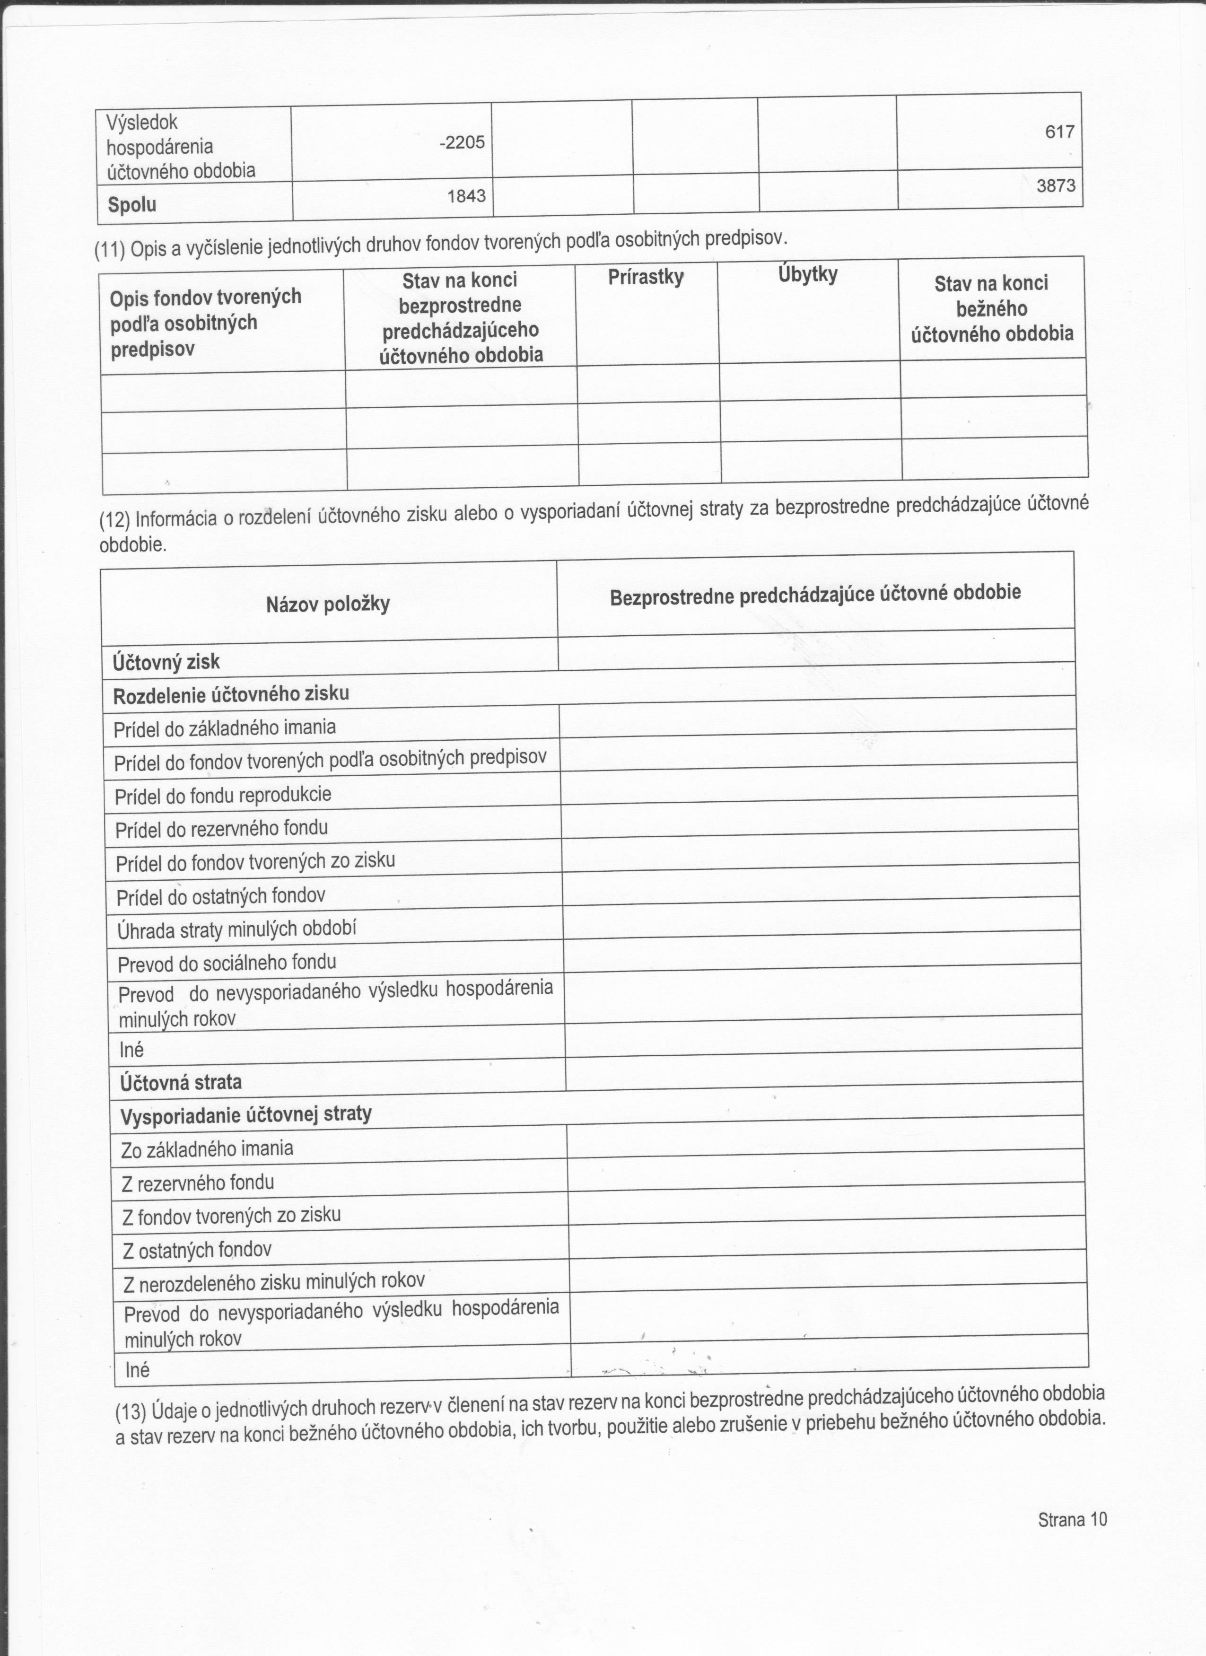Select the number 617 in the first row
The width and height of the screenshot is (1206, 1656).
coord(1059,132)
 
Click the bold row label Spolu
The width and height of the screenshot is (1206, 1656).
coord(132,204)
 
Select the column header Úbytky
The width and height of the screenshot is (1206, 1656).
coord(807,274)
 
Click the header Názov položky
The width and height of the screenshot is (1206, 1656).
coord(328,604)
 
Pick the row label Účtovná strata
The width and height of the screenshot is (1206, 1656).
coord(180,1082)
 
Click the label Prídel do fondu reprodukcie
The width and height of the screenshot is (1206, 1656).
coord(223,795)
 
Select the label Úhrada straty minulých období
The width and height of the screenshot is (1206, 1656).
coord(236,929)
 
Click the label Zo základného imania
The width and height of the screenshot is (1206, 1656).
coord(207,1149)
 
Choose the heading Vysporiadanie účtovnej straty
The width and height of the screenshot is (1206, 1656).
coord(246,1115)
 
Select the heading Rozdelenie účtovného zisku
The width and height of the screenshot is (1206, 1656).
coord(231,694)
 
